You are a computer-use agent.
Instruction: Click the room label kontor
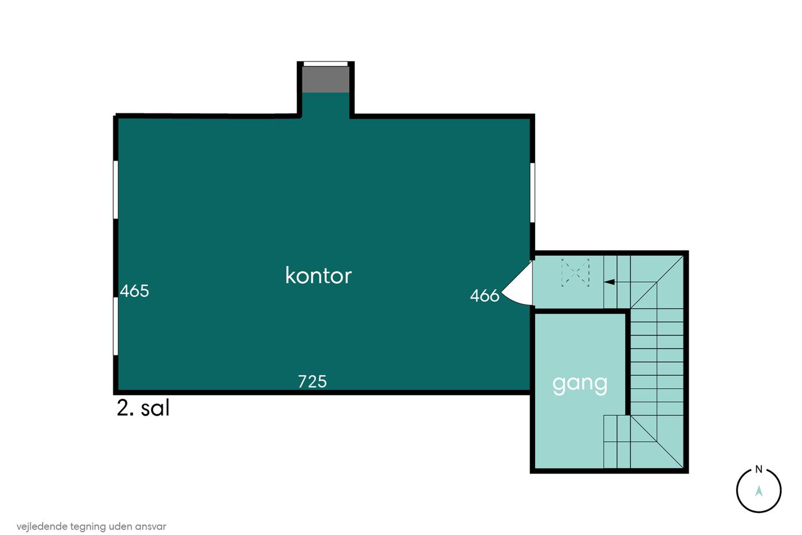319,276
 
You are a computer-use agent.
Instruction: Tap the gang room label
580,385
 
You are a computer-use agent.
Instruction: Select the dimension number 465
134,291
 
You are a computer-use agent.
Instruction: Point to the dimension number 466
485,296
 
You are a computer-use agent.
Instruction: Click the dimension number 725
312,382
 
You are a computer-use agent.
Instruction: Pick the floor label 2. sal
143,408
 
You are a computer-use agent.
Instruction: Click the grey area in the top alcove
326,79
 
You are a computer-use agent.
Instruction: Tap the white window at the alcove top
326,64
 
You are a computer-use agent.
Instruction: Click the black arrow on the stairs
610,282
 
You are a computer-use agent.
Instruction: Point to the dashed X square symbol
575,272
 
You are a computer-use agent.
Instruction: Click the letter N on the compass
758,470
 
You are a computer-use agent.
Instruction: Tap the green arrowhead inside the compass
758,491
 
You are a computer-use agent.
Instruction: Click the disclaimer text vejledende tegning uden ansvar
91,527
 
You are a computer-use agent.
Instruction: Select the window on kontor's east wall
532,193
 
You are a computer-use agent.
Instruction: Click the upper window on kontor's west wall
116,190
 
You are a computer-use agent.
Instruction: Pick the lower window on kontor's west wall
116,326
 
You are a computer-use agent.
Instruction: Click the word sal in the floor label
155,408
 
